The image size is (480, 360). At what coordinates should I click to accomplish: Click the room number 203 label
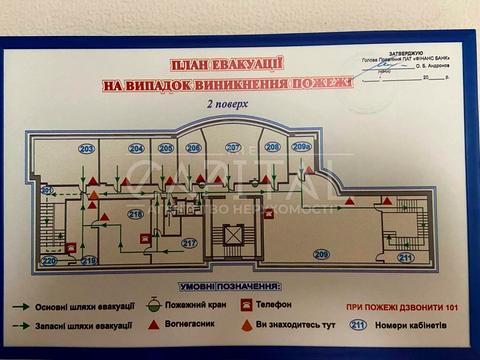point(86,149)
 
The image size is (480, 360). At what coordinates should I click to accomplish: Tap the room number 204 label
point(137,148)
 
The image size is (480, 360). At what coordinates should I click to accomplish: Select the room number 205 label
point(166,148)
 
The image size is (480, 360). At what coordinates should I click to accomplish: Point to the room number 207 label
point(233,147)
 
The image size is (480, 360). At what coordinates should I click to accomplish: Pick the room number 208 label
point(272,147)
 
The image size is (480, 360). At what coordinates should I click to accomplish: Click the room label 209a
point(301,147)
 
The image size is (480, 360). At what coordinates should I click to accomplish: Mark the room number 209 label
point(321,254)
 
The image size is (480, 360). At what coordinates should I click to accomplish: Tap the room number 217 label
point(189,243)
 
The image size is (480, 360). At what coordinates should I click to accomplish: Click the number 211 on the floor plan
point(405,258)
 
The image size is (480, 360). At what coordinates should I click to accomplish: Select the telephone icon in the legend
point(246,304)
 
